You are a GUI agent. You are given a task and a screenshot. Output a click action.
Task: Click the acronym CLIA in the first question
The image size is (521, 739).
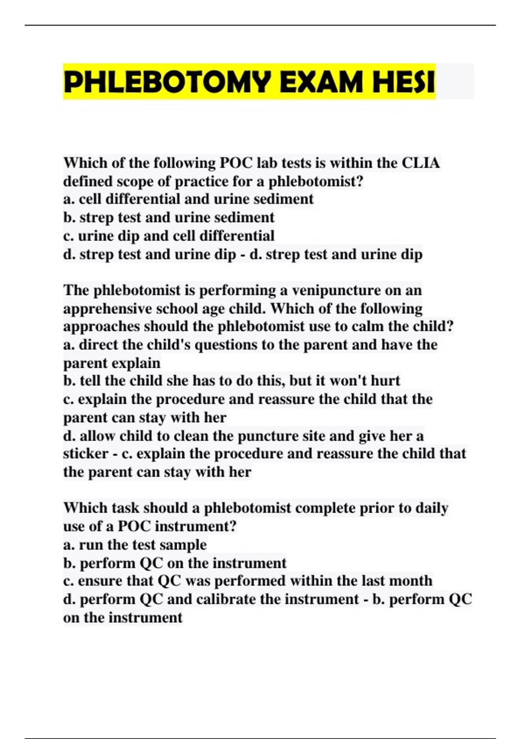[x=421, y=163]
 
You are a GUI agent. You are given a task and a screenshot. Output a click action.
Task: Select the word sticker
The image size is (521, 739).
[x=86, y=454]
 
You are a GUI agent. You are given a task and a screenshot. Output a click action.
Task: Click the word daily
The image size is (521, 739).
[x=432, y=508]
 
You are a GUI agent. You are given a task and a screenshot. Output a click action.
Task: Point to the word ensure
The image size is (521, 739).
[x=100, y=581]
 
